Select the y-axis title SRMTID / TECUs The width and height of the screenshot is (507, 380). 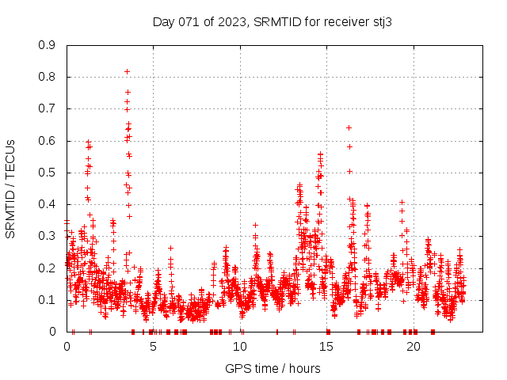pos(10,188)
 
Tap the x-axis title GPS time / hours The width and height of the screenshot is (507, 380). pos(273,368)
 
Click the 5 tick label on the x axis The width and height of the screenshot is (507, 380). pos(154,347)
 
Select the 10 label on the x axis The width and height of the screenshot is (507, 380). pos(240,347)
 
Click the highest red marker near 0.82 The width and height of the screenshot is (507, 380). pos(127,71)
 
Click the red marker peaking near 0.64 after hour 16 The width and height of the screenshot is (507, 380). pos(349,127)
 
